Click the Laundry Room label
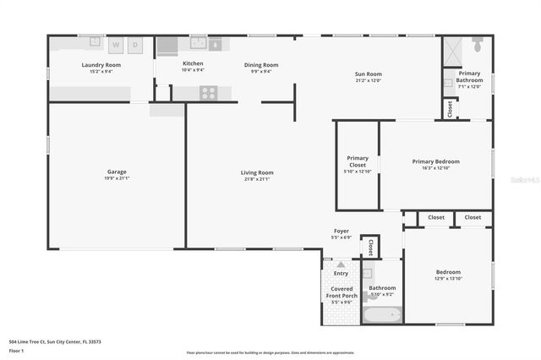101,65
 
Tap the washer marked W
116,44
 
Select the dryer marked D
134,44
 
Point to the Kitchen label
193,64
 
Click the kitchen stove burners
209,92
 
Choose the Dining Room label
261,65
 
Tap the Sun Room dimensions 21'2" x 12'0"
368,81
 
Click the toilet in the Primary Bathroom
478,42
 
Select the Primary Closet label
358,161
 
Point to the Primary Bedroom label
435,161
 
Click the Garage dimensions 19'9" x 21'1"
117,178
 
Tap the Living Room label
257,172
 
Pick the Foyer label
342,231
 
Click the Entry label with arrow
341,269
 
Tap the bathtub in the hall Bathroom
382,318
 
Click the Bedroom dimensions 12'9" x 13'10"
448,279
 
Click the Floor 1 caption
16,351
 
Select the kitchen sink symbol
199,42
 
